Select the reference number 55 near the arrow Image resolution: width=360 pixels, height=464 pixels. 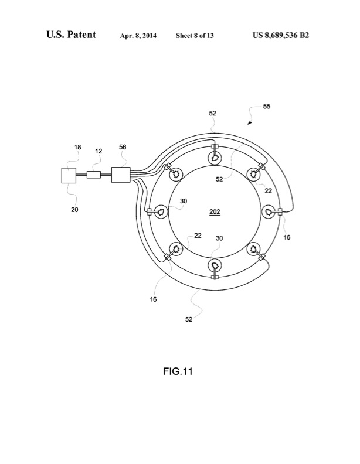coord(267,107)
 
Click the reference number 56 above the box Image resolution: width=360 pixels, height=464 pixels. coord(122,148)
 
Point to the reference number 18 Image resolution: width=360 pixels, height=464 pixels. coord(77,149)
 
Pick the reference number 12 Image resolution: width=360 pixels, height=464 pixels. coord(98,151)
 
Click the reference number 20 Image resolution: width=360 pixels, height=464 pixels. coord(75,209)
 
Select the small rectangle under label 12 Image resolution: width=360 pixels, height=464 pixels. coord(94,175)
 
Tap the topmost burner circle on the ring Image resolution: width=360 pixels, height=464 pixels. coord(215,158)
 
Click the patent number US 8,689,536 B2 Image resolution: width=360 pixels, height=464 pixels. coord(281,35)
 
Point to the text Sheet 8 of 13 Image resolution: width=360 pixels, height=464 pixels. coord(195,36)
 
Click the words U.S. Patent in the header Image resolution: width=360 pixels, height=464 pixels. coord(71,35)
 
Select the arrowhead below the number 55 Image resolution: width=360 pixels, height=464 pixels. coord(250,123)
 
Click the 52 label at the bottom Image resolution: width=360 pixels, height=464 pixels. coord(189,319)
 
